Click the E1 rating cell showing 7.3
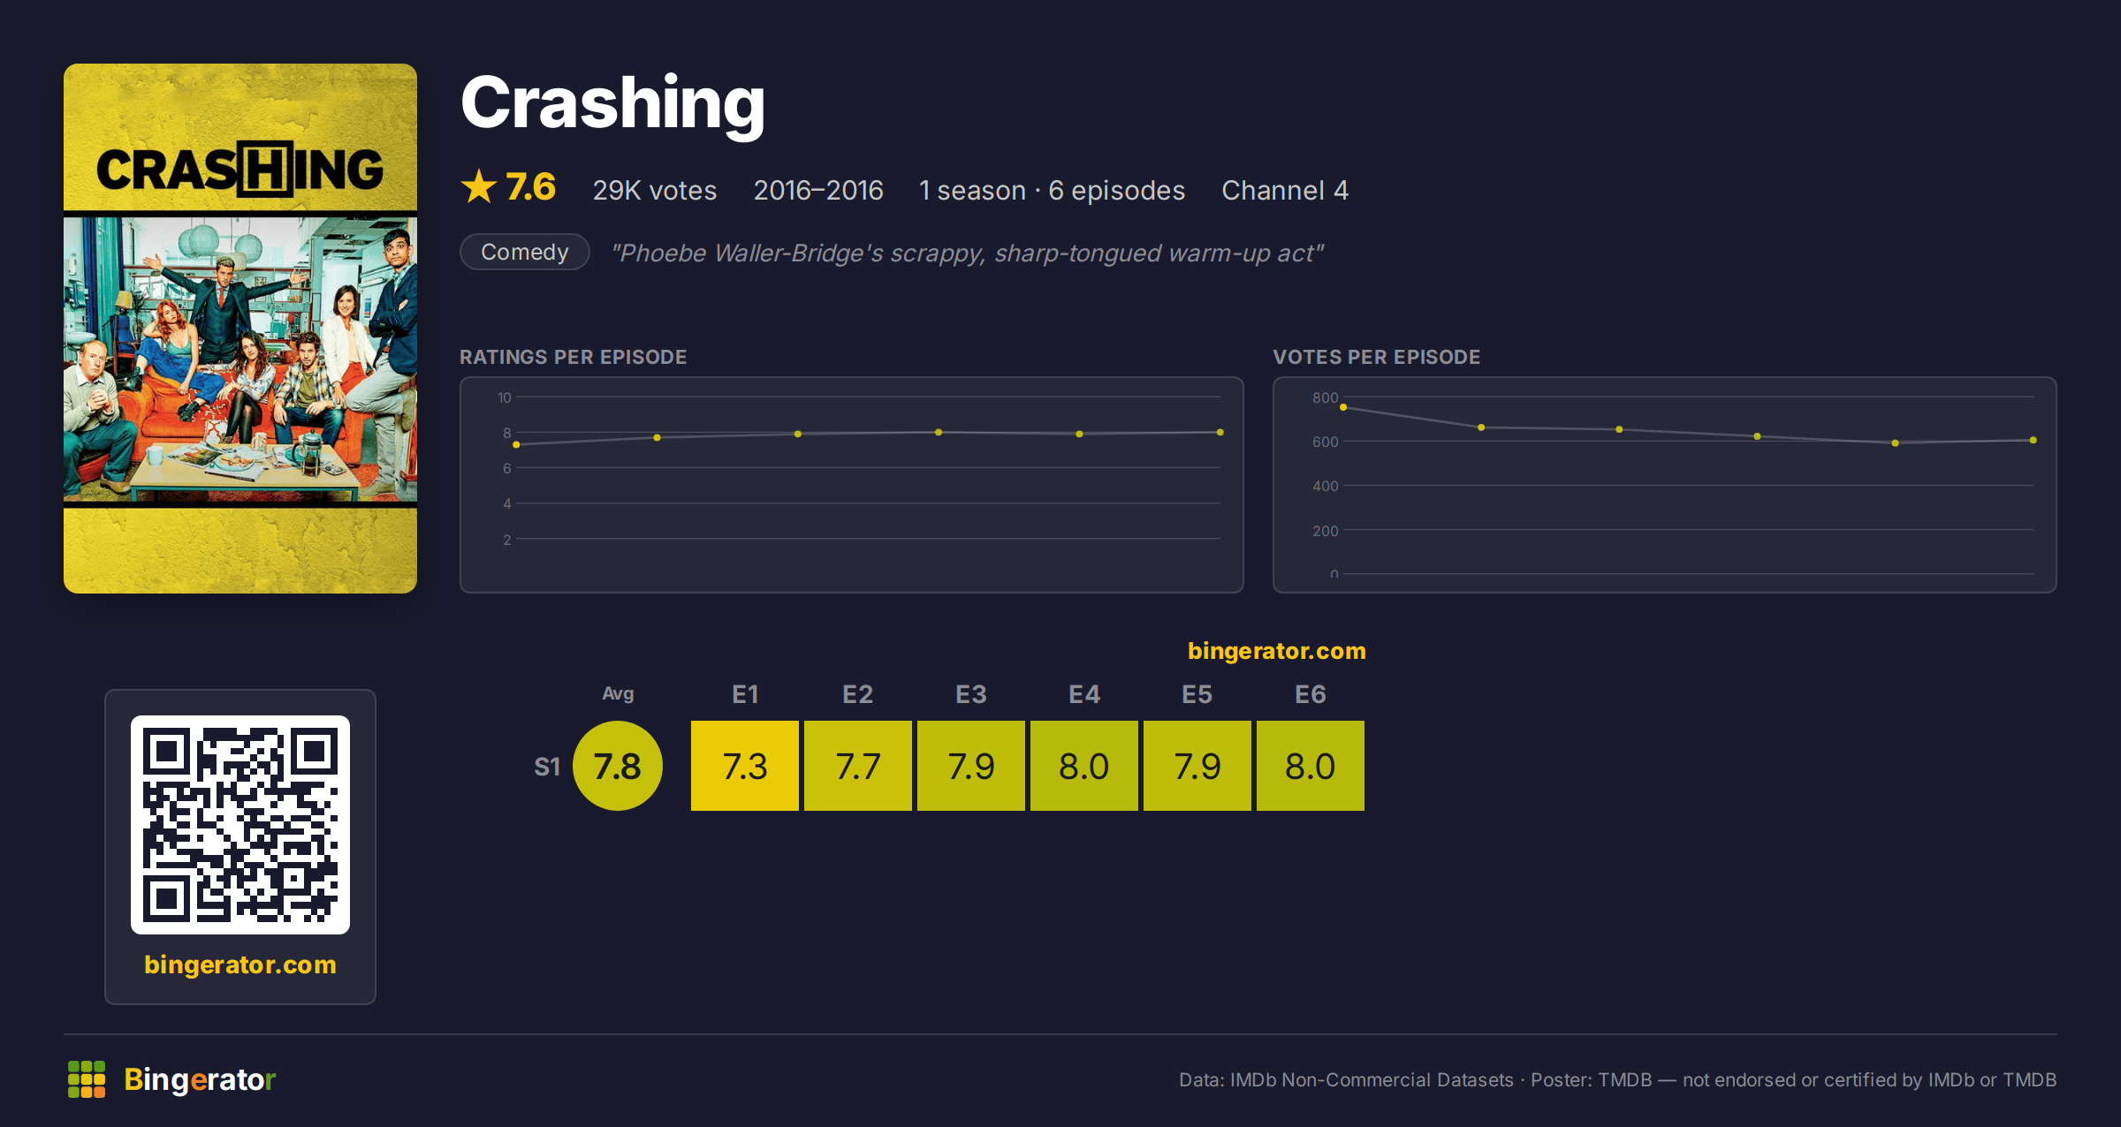[745, 766]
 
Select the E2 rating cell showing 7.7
[858, 766]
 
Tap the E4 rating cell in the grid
[1084, 766]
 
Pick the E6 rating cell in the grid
[1311, 766]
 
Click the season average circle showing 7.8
[618, 766]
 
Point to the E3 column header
[971, 694]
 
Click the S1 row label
[547, 767]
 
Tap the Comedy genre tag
[525, 252]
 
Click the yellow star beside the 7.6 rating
[479, 187]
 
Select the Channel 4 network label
[1285, 190]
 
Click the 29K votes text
[655, 190]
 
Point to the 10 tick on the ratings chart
[505, 397]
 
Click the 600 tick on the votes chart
[1326, 442]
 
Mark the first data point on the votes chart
[1343, 407]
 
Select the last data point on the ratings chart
[1220, 432]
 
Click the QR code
[240, 825]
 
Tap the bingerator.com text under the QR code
[240, 964]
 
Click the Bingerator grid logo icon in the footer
[87, 1079]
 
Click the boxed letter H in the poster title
[265, 169]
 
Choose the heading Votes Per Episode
[1377, 357]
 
